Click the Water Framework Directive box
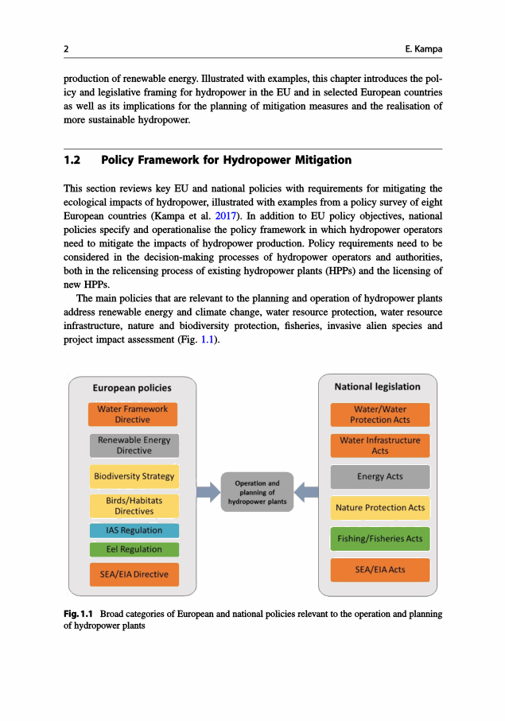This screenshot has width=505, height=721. coord(133,414)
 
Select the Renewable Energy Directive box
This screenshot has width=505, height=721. coord(133,445)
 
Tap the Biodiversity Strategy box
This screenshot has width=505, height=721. coord(133,476)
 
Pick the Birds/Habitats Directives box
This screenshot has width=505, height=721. coord(133,506)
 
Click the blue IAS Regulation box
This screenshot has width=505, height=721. coord(133,530)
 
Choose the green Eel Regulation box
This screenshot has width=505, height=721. coord(133,549)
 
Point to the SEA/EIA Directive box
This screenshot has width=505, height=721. coord(133,574)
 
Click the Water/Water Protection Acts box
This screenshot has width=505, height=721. coord(380,414)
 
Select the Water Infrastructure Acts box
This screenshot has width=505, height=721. coord(380,445)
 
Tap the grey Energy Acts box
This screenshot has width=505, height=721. coord(380,476)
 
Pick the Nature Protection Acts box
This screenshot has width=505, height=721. coord(380,507)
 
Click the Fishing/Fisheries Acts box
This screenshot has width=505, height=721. coord(380,538)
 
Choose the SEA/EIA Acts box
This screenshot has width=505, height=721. coord(380,569)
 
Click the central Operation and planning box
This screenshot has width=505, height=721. coord(257,492)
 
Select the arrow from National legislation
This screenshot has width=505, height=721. coord(307,492)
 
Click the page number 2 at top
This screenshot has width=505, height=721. coord(66,49)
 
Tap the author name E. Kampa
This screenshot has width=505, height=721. coord(423,49)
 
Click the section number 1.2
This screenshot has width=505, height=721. coord(72,160)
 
